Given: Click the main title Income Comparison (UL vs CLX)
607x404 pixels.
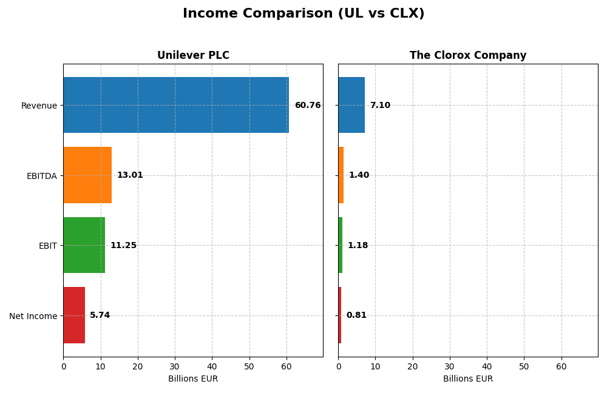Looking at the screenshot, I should [303, 13].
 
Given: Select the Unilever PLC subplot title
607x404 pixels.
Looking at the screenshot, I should [193, 55].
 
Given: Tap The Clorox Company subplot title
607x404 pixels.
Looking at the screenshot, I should [467, 55].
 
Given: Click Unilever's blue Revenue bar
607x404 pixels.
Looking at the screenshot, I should [176, 105].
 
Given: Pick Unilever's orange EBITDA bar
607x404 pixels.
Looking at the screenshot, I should [87, 175].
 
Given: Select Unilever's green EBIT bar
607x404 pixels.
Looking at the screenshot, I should [84, 245].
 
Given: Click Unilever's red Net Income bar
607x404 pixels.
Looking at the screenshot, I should [74, 315].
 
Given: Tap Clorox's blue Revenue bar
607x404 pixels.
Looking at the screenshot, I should [351, 105].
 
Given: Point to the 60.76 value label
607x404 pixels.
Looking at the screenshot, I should [308, 106].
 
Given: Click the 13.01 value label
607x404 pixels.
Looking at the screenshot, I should [130, 175].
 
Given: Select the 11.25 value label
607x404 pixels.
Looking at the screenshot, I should [123, 246].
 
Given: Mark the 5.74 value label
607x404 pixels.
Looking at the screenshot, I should [100, 315].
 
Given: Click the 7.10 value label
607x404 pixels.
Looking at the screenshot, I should [380, 106].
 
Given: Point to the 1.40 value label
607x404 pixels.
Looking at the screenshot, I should [359, 175].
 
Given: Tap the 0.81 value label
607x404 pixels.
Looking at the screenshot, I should [356, 315].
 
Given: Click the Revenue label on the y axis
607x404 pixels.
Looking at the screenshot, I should [39, 106].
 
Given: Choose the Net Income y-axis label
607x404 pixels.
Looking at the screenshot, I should [33, 316].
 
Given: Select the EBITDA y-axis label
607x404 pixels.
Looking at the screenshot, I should [41, 176].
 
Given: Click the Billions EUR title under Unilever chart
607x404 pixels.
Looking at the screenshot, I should [193, 379].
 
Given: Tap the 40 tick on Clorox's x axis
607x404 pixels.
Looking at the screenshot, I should [487, 366].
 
